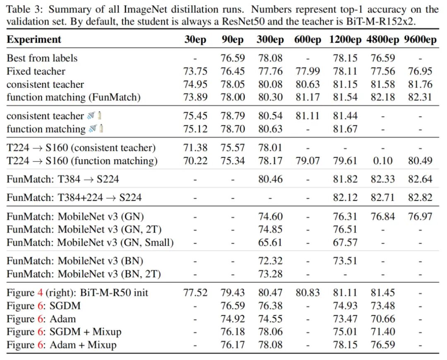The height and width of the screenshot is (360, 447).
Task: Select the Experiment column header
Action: tap(34, 40)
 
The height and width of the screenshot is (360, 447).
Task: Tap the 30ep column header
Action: tap(195, 40)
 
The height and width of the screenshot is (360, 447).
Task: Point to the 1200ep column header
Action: tap(346, 40)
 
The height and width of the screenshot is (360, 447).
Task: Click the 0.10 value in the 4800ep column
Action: tap(382, 161)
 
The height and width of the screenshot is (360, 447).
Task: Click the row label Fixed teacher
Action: tap(36, 71)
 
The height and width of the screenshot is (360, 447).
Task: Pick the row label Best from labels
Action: tap(42, 58)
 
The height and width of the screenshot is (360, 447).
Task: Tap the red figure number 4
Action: tap(40, 293)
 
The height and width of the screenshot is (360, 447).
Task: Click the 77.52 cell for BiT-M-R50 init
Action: tap(195, 293)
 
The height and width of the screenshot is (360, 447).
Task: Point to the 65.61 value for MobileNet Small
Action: tap(270, 242)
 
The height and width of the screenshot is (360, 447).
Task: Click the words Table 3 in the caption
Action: tap(21, 9)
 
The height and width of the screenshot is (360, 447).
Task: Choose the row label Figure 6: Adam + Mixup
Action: tap(61, 345)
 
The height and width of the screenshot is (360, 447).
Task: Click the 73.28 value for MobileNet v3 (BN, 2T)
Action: tap(270, 274)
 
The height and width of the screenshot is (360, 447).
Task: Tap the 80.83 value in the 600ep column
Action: tap(307, 293)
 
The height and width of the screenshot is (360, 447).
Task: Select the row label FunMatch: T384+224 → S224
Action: tap(74, 198)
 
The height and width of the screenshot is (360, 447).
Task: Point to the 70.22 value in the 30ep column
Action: tap(195, 161)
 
